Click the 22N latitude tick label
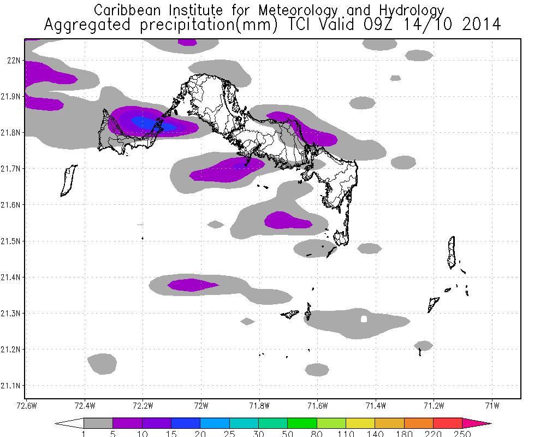point(13,60)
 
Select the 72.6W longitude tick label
point(26,405)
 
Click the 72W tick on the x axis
point(201,405)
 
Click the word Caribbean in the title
point(128,10)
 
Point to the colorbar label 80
point(317,434)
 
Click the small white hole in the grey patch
point(364,319)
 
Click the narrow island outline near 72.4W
point(68,180)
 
